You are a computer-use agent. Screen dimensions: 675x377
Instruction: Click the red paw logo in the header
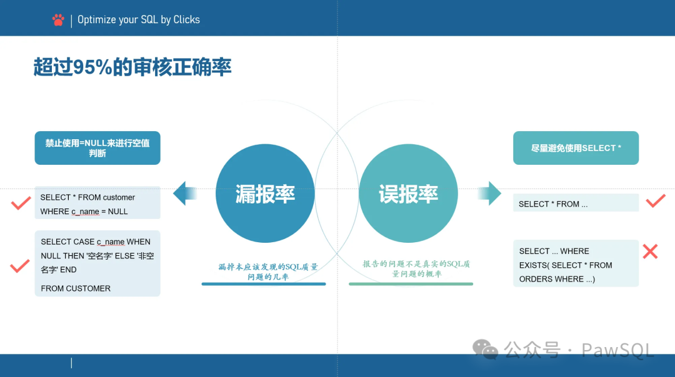(x=58, y=20)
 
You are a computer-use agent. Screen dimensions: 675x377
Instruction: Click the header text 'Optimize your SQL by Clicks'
(x=139, y=20)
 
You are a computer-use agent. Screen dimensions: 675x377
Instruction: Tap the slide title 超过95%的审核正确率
(x=132, y=67)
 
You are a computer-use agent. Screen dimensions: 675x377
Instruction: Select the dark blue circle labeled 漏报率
(x=265, y=193)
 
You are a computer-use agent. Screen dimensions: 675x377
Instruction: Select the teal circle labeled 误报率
(x=408, y=193)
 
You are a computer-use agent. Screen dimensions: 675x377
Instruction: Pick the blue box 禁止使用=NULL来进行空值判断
(x=97, y=148)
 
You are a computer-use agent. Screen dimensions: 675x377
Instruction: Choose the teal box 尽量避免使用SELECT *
(x=576, y=148)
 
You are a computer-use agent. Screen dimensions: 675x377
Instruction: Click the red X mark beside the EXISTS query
(x=650, y=252)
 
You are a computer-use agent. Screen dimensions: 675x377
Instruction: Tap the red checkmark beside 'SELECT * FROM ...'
(x=655, y=201)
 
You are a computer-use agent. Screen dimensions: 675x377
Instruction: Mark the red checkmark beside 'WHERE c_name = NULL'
(x=21, y=203)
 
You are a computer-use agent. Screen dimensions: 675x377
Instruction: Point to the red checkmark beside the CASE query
(x=20, y=266)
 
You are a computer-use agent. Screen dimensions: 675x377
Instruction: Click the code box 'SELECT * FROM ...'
(x=576, y=203)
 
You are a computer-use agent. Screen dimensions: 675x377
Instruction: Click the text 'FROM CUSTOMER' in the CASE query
(x=76, y=288)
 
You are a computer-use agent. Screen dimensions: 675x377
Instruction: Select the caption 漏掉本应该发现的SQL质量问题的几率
(x=267, y=272)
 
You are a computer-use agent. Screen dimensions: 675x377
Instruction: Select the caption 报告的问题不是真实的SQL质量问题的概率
(x=416, y=269)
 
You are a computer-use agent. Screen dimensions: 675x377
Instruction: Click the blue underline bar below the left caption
(x=263, y=284)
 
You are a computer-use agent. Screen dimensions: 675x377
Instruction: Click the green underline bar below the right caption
(x=411, y=284)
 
